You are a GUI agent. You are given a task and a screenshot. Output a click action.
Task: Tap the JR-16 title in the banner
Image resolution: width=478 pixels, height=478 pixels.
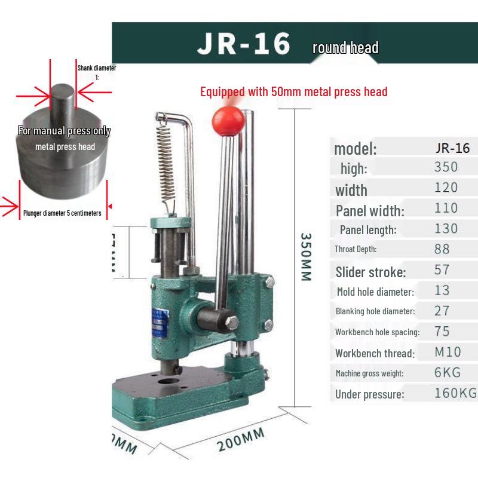pyautogui.click(x=244, y=44)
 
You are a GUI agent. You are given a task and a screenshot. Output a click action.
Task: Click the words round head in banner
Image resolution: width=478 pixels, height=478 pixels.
pyautogui.click(x=345, y=48)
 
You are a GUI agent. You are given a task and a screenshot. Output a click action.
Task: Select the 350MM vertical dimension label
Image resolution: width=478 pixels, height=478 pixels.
pyautogui.click(x=305, y=256)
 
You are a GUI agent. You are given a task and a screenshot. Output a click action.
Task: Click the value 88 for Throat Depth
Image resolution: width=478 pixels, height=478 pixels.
pyautogui.click(x=446, y=249)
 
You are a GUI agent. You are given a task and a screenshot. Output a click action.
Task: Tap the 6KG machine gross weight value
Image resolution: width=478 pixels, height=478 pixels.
pyautogui.click(x=447, y=372)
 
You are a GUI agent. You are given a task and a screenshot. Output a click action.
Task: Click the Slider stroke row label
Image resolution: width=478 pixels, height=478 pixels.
pyautogui.click(x=370, y=272)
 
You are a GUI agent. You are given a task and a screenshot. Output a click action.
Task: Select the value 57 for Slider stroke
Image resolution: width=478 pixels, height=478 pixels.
pyautogui.click(x=442, y=269)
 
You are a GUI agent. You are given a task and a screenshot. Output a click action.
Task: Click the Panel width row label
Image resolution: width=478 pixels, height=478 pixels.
pyautogui.click(x=370, y=210)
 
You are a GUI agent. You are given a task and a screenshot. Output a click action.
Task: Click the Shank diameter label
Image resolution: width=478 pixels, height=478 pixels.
pyautogui.click(x=96, y=68)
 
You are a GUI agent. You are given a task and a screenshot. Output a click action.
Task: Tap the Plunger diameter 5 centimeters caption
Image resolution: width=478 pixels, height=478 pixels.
pyautogui.click(x=62, y=213)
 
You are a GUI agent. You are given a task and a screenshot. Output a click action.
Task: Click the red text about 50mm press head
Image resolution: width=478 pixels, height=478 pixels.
pyautogui.click(x=293, y=92)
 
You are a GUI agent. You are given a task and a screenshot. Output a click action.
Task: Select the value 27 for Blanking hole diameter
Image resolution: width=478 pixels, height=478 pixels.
pyautogui.click(x=442, y=310)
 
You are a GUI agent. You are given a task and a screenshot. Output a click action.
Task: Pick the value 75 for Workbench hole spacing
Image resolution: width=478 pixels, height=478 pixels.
pyautogui.click(x=442, y=331)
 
